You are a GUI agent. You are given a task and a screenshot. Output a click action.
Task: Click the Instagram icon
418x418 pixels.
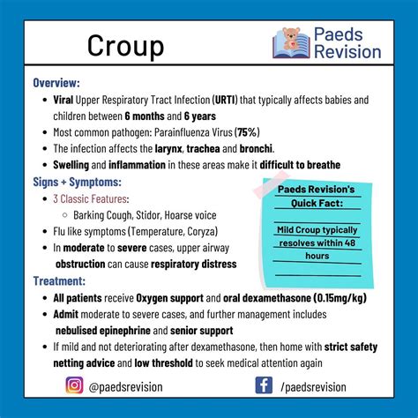tap(74, 384)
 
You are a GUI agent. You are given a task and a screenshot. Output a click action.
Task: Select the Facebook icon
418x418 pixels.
tap(263, 384)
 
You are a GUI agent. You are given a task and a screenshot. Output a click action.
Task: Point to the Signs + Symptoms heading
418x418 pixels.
tap(77, 182)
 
